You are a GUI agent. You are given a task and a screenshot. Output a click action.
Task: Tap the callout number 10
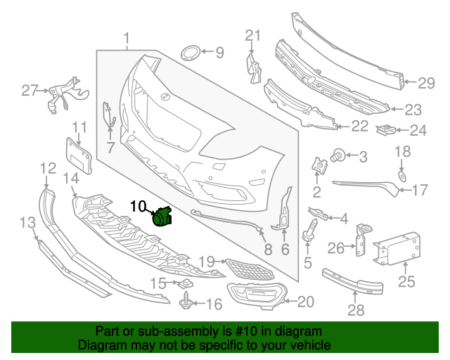[138, 206]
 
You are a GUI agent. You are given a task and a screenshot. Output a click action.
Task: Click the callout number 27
[29, 90]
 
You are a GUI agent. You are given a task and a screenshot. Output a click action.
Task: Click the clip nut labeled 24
[385, 130]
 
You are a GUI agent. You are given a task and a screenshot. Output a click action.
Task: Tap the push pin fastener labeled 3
[338, 154]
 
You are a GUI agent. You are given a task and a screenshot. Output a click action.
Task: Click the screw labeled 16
[186, 304]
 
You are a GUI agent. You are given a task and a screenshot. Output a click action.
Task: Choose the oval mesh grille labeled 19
[243, 268]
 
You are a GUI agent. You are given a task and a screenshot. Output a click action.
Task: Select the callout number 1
[127, 37]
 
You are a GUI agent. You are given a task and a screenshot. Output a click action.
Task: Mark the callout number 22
[360, 126]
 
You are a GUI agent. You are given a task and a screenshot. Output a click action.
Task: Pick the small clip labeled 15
[185, 283]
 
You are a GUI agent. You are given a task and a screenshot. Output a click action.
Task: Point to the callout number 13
[27, 224]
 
